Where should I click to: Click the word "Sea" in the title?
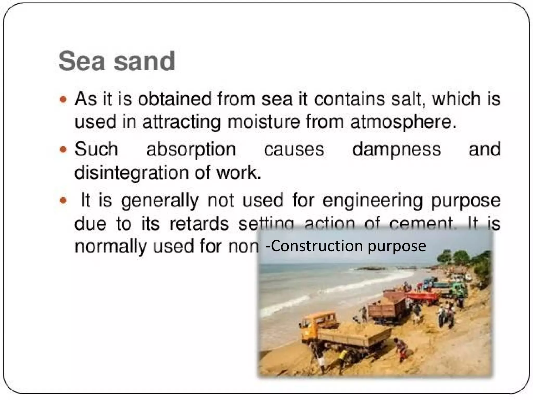[81, 61]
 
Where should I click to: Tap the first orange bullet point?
[63, 100]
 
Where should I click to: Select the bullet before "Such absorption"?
[63, 150]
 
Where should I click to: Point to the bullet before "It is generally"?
[63, 201]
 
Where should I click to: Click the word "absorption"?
[191, 150]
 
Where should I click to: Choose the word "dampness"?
[397, 150]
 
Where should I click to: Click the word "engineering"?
[373, 201]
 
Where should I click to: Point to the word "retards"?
[199, 223]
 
